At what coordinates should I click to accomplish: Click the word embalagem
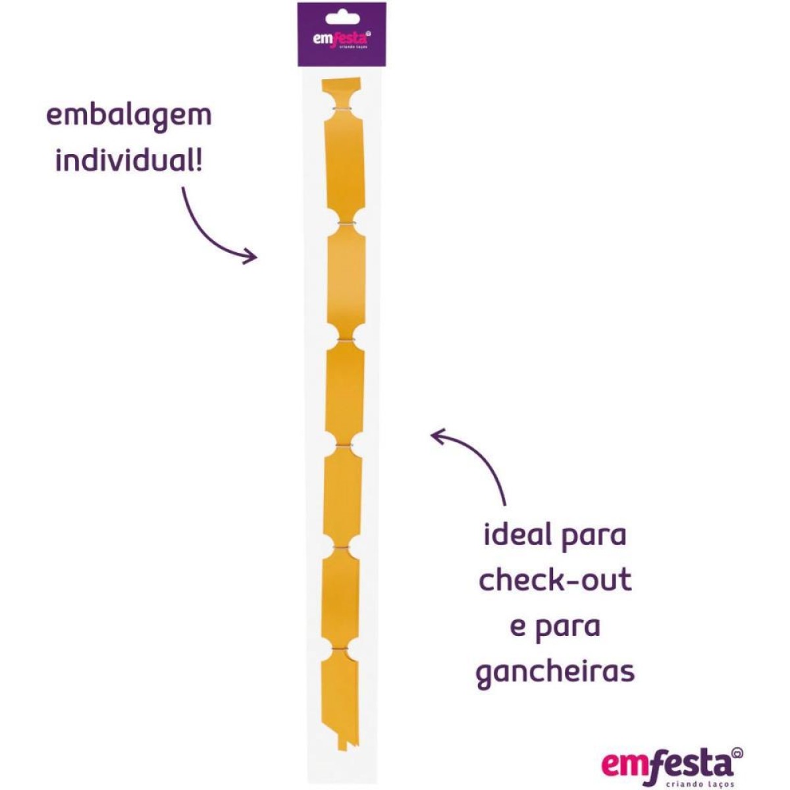click(129, 117)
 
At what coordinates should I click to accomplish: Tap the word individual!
click(129, 160)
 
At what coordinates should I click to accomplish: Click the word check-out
click(555, 581)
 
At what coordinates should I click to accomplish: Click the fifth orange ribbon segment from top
click(342, 496)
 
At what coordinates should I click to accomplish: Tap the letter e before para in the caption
click(517, 627)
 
